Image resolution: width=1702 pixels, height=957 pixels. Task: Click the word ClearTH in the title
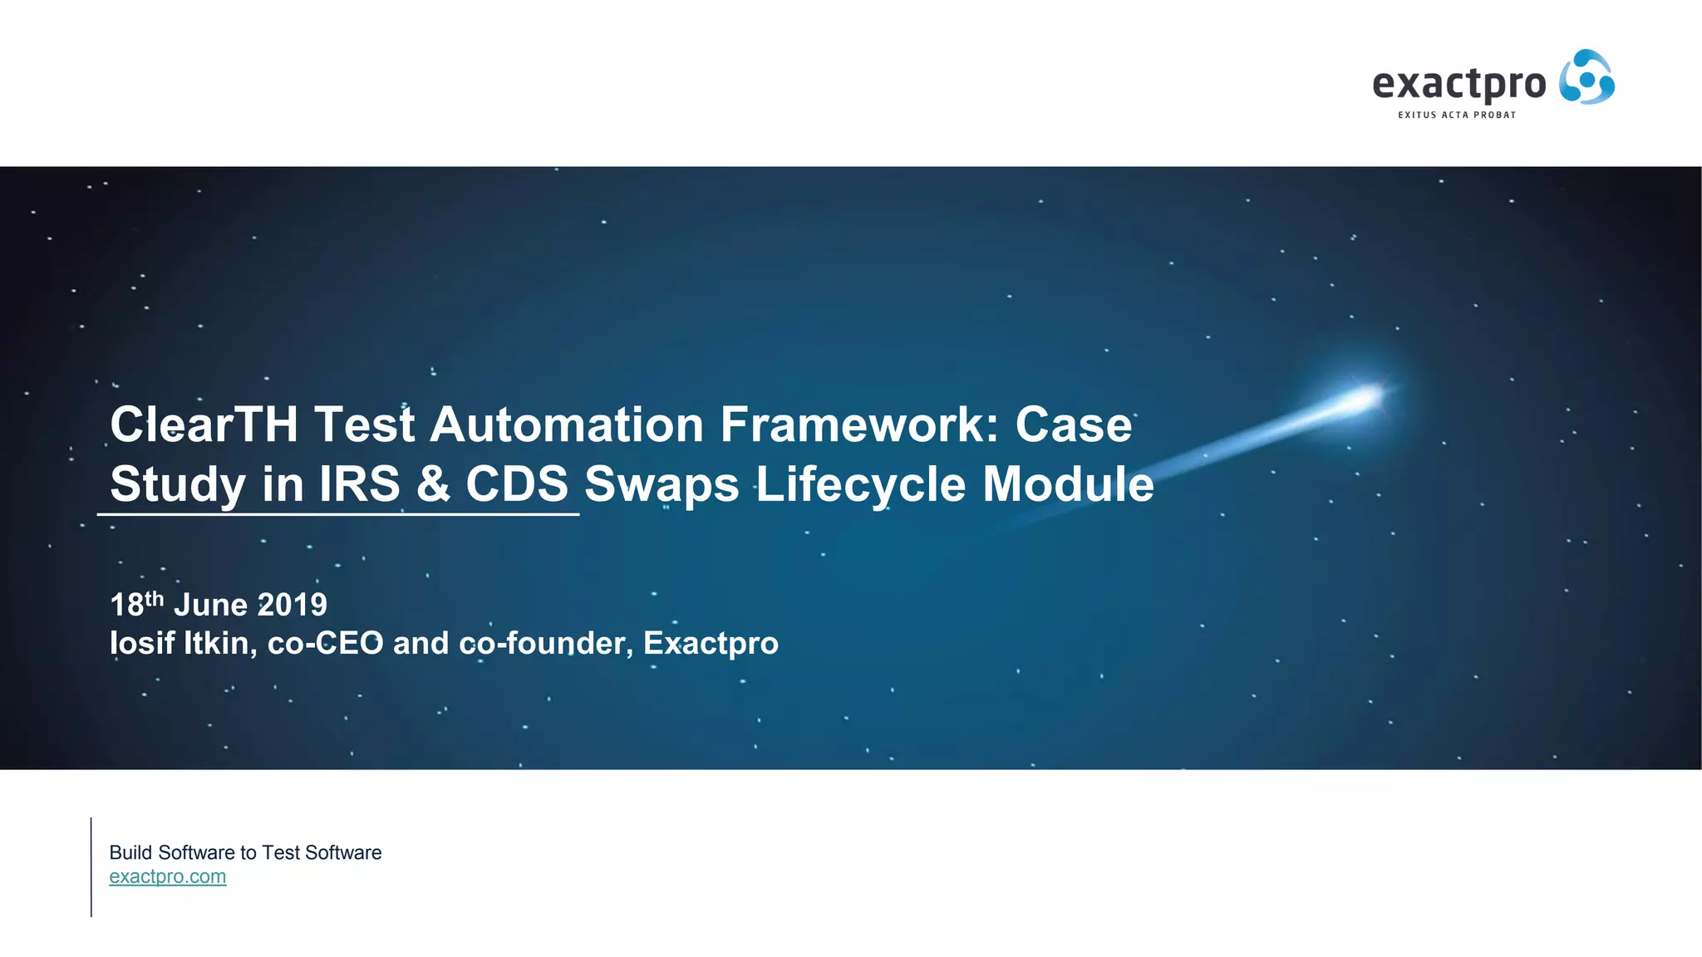pyautogui.click(x=204, y=425)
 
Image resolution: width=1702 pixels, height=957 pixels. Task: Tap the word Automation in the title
pyautogui.click(x=567, y=425)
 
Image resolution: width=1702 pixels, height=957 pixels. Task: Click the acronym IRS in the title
pyautogui.click(x=359, y=484)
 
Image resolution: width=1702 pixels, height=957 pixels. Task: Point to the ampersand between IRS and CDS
pyautogui.click(x=433, y=484)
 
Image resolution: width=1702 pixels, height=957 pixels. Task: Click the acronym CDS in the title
pyautogui.click(x=517, y=484)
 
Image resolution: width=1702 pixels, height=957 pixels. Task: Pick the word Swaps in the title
pyautogui.click(x=662, y=484)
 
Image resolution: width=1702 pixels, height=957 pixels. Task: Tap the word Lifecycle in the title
pyautogui.click(x=861, y=484)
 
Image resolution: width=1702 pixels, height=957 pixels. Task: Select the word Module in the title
pyautogui.click(x=1068, y=484)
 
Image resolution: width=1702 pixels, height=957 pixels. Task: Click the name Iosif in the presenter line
pyautogui.click(x=141, y=643)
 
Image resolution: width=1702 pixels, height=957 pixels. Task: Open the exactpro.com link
pyautogui.click(x=167, y=876)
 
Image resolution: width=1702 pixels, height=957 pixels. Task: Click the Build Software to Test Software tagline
pyautogui.click(x=245, y=852)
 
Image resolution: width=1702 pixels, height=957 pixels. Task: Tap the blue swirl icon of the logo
pyautogui.click(x=1586, y=77)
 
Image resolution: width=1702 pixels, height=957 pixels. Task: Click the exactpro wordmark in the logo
pyautogui.click(x=1459, y=84)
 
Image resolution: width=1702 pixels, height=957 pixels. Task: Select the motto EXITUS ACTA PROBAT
pyautogui.click(x=1456, y=115)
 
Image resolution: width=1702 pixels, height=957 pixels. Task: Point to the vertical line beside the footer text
pyautogui.click(x=91, y=866)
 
